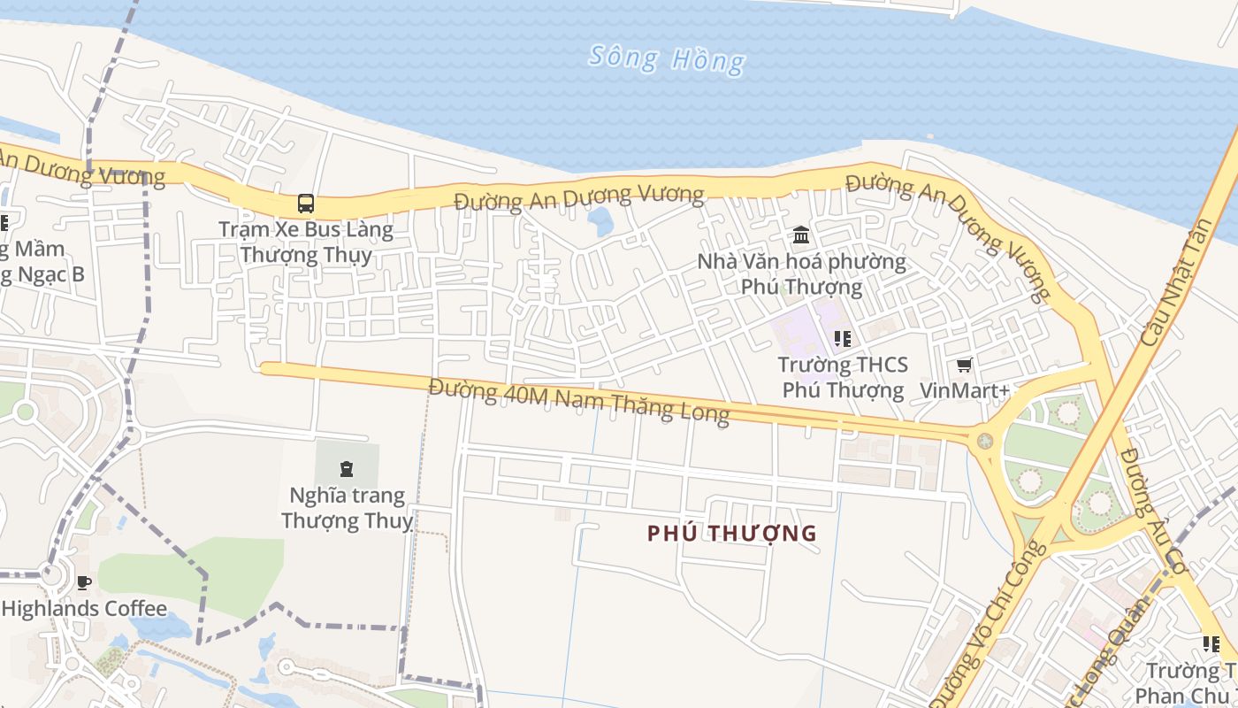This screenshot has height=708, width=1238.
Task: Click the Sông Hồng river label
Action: coord(667,59)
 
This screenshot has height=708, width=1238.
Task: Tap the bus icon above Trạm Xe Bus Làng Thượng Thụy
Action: coord(306,204)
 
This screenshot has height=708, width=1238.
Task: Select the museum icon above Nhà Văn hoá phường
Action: coord(801,235)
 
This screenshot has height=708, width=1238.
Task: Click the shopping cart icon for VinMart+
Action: coord(964,365)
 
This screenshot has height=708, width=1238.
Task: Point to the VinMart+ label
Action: coord(964,390)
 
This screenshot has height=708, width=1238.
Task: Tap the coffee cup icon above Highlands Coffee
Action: coord(84,582)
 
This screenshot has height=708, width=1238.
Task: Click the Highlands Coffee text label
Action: coord(84,609)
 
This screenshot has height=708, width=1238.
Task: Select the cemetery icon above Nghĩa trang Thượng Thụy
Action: coord(347,468)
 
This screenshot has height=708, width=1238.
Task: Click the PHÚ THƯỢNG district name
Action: coord(732,533)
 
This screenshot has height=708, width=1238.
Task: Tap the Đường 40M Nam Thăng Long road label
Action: coord(579,400)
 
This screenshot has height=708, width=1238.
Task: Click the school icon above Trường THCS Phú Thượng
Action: coord(842,338)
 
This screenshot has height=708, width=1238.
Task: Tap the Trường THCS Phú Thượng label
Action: coord(843,377)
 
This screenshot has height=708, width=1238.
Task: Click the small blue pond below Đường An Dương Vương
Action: coord(601,220)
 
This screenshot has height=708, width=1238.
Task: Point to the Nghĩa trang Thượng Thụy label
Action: coord(347,507)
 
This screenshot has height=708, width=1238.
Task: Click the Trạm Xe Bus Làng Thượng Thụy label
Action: coord(306,242)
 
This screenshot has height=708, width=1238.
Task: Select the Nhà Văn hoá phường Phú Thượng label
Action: coord(801,273)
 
